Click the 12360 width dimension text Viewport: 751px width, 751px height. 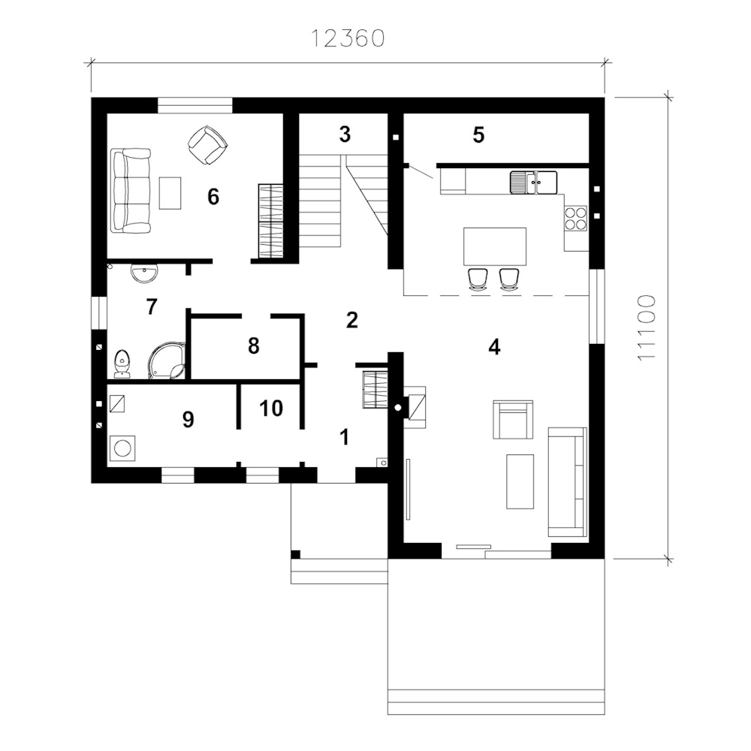pos(348,39)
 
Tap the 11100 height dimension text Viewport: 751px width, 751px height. pos(646,328)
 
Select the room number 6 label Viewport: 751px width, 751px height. pos(213,196)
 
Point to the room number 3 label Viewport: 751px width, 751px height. pos(345,134)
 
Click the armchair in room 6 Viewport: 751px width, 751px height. pos(207,145)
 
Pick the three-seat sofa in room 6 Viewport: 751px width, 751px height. pos(131,191)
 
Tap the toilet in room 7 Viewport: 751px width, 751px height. pos(122,363)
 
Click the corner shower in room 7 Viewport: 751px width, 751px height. pos(166,360)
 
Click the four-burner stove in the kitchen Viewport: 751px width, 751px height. pos(576,219)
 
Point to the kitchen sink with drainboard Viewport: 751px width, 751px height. pos(533,182)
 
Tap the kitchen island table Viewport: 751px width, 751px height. pos(495,246)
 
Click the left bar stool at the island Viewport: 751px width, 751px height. pos(478,279)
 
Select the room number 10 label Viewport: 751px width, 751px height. pos(271,409)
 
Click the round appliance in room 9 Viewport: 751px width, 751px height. pos(122,449)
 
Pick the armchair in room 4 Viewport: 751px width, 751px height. pos(513,421)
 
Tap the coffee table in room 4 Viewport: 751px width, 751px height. pos(520,481)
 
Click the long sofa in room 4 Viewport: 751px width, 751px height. pos(568,482)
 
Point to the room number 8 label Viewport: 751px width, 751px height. pos(254,345)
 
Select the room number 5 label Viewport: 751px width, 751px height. pos(478,135)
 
